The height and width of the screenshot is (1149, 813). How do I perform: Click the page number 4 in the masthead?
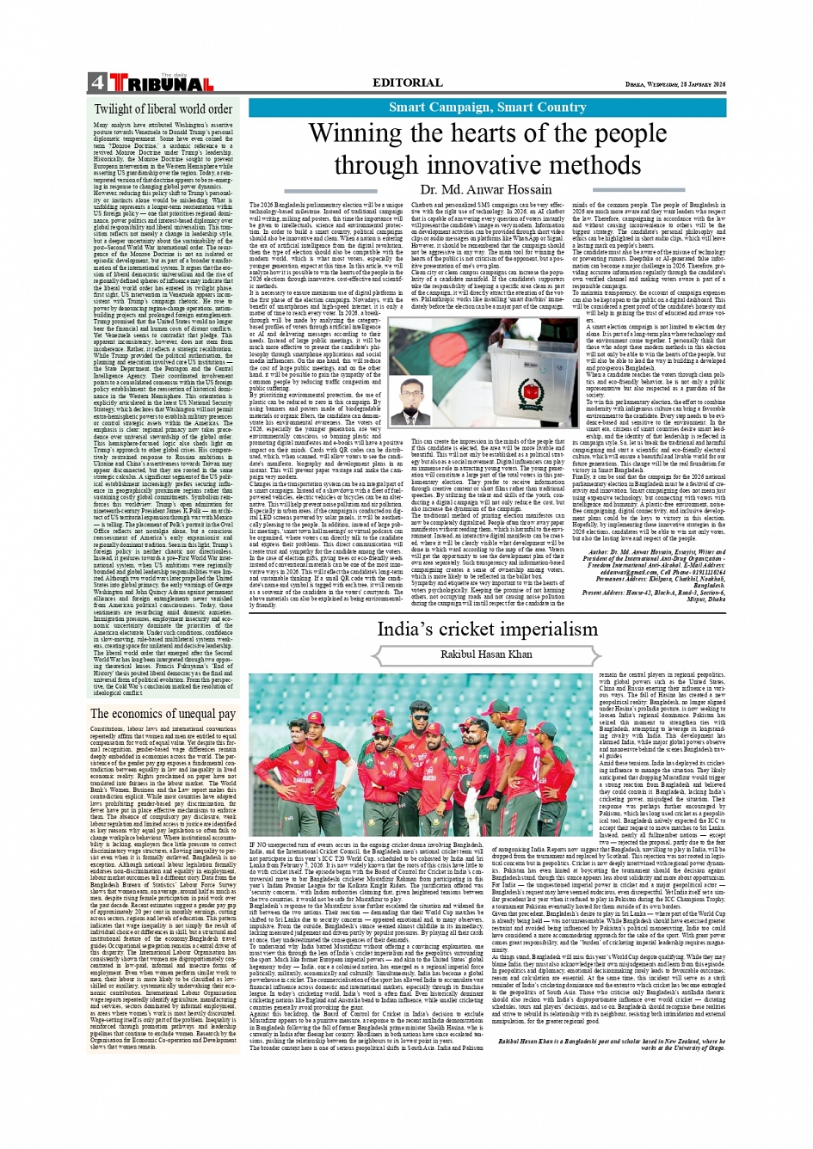[x=96, y=83]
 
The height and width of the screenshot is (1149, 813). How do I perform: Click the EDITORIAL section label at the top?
[x=407, y=83]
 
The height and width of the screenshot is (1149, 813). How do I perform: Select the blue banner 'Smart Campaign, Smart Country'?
[x=487, y=108]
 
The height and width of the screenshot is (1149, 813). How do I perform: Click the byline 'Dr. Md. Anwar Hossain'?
[x=486, y=189]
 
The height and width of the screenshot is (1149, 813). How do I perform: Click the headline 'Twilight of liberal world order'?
[x=163, y=109]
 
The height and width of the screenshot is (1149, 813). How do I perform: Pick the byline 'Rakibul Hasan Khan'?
[x=486, y=654]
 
